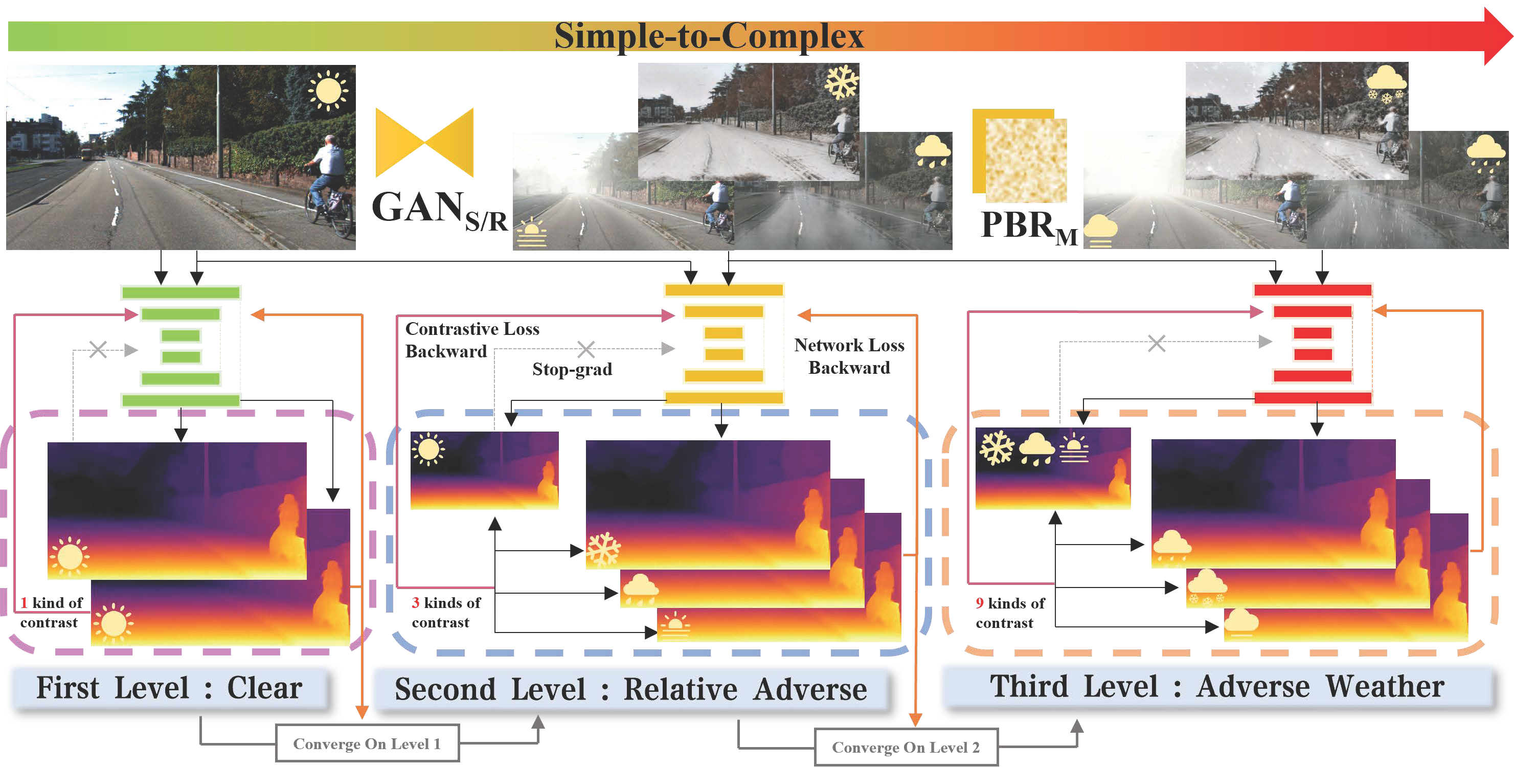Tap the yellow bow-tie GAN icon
coord(424,142)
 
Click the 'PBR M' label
coord(1029,227)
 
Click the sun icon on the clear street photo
coord(328,91)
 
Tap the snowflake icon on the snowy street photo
coord(841,82)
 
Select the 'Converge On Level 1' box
coord(367,743)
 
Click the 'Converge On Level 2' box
coord(906,747)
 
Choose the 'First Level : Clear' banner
coord(169,688)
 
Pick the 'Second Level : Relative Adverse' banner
coord(630,689)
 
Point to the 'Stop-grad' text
coord(572,369)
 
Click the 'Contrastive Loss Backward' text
coord(472,340)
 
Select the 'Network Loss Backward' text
coord(849,356)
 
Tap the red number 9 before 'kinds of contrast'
coord(979,603)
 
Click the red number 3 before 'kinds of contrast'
coord(416,602)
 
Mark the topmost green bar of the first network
coord(180,292)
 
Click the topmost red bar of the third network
coord(1313,290)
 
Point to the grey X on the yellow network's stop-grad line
coord(586,349)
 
